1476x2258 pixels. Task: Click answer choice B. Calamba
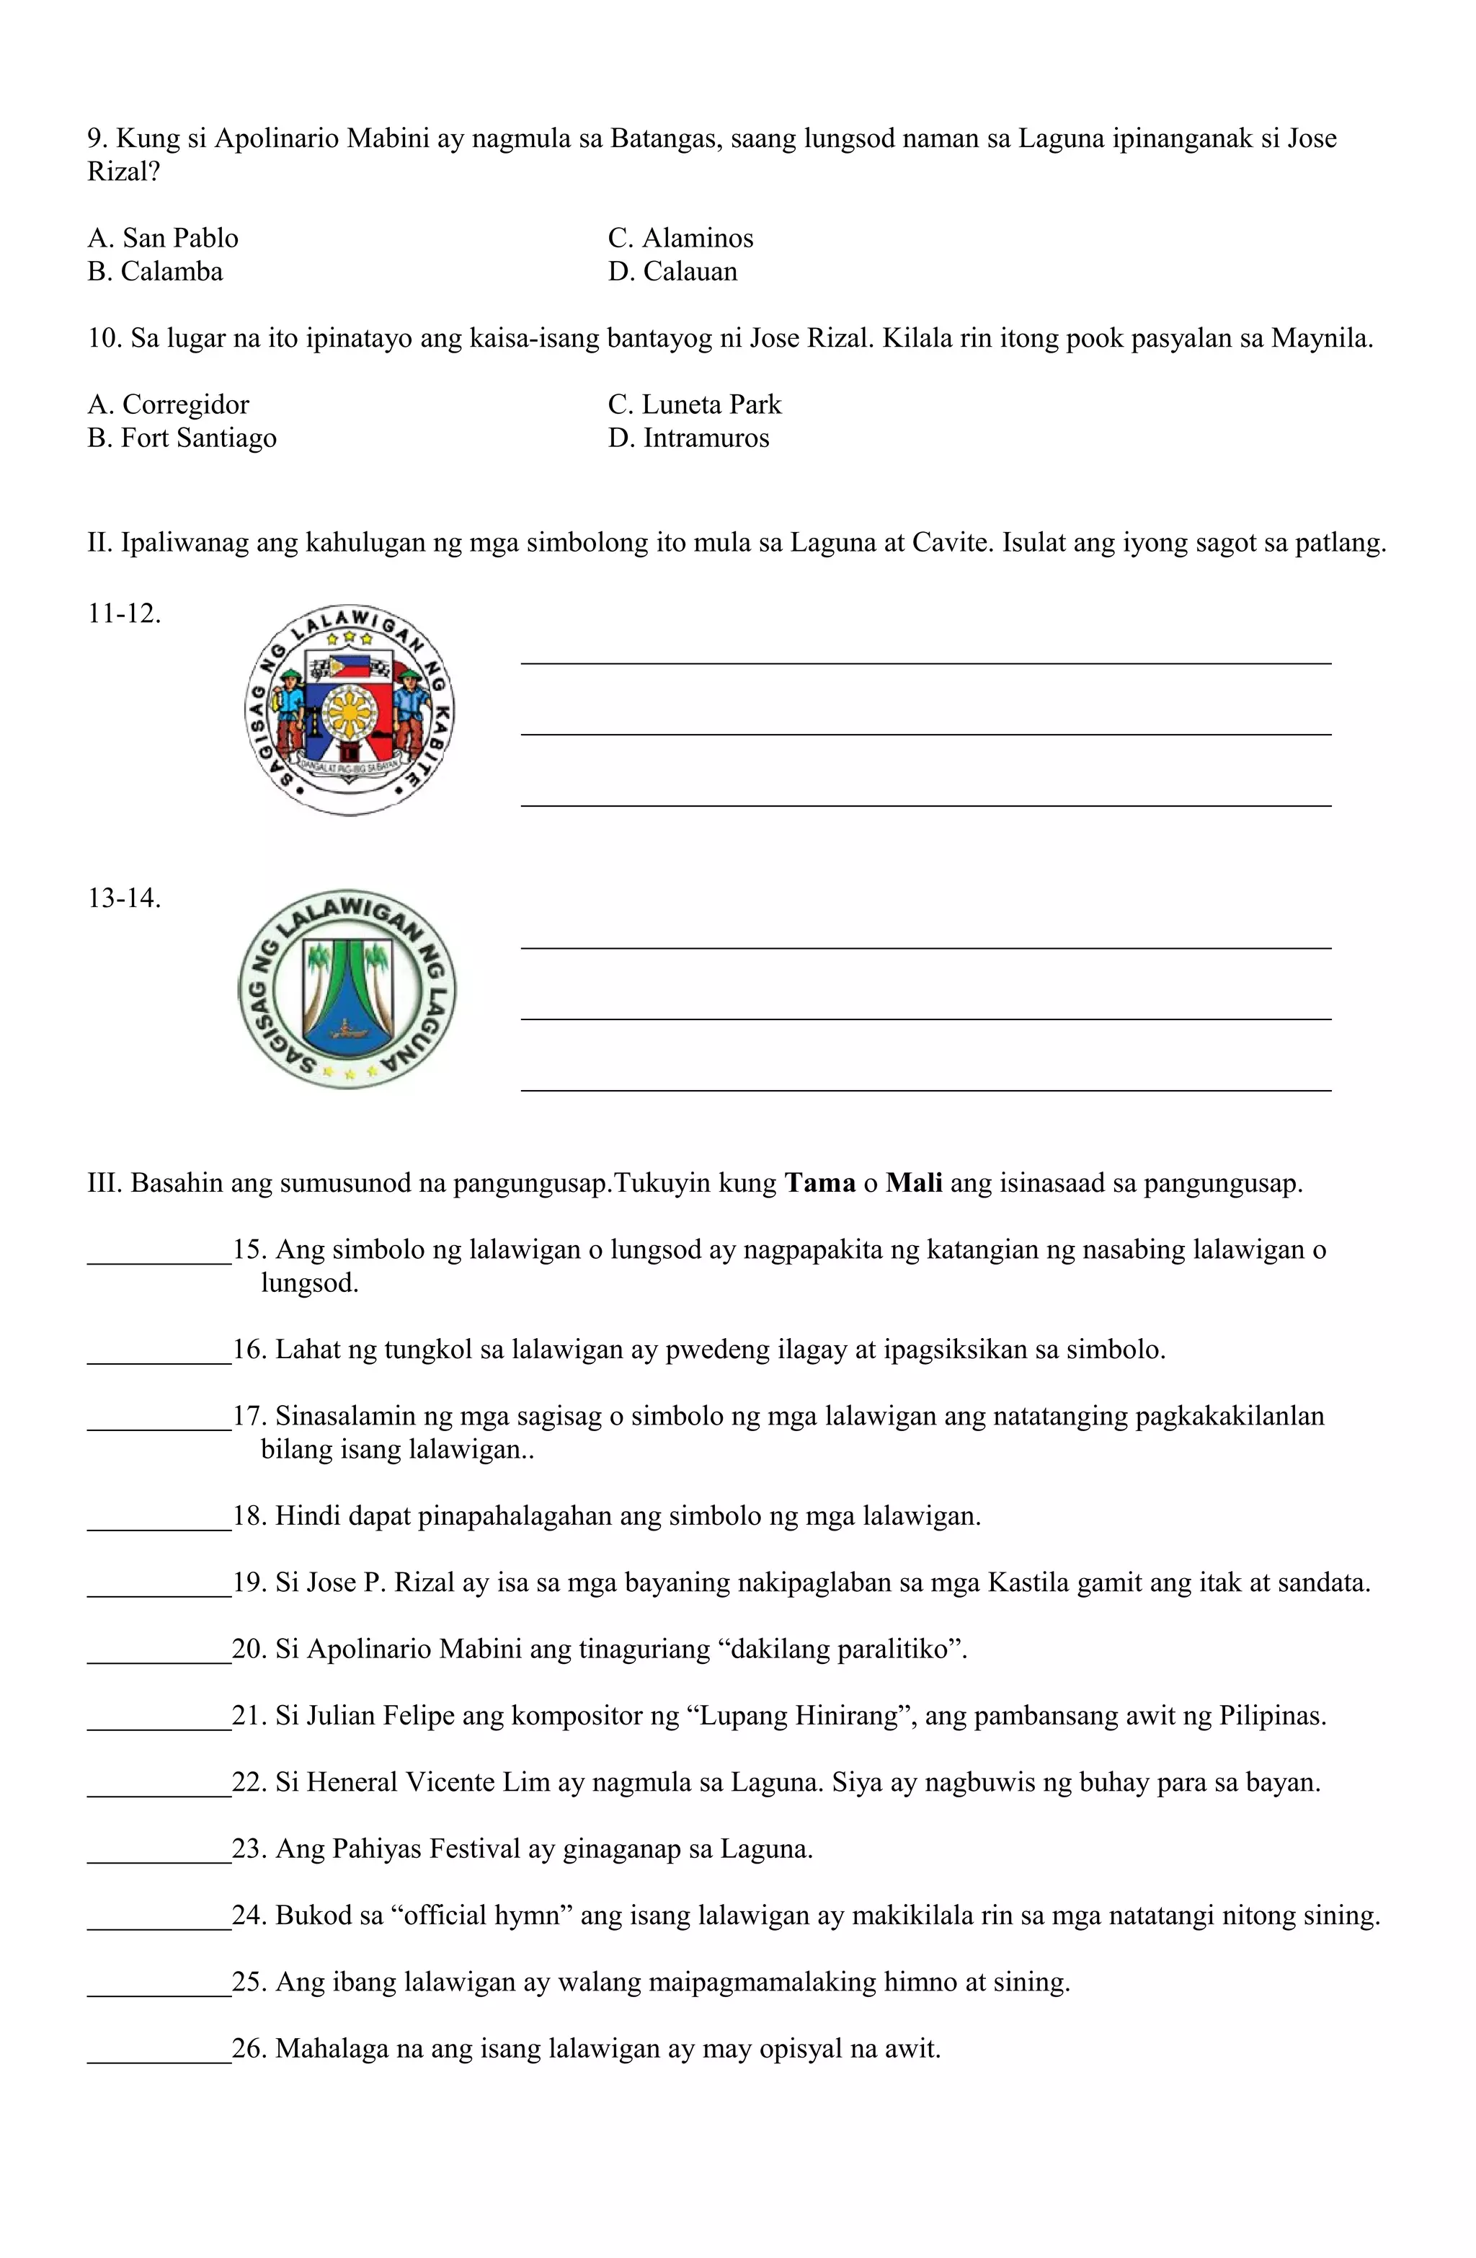coord(155,271)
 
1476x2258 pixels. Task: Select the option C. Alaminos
coord(680,238)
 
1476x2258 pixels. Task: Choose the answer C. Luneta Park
coord(694,405)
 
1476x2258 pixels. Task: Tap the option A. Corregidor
coord(168,405)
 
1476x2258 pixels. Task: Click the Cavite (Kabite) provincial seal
coord(349,709)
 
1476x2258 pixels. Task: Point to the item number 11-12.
coord(124,614)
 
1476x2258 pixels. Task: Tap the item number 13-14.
coord(124,898)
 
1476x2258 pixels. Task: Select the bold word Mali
coord(913,1184)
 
